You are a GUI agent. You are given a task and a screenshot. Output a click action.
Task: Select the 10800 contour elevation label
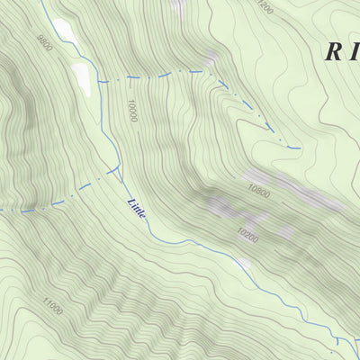259,192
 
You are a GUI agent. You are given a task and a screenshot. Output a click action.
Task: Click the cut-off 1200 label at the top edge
262,5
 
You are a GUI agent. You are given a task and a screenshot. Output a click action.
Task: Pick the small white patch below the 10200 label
243,264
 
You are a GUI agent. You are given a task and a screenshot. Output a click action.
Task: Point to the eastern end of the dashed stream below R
298,147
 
